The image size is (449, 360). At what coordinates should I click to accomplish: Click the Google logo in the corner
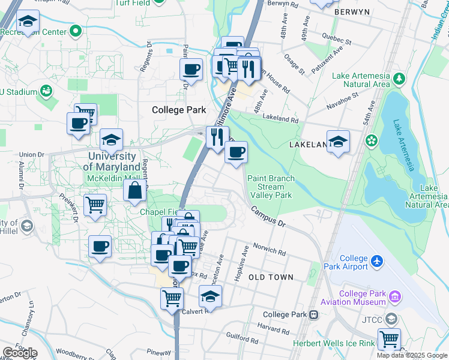tap(19, 352)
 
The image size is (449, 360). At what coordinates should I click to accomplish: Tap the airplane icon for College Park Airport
tap(377, 261)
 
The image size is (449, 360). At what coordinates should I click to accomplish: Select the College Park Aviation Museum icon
tap(394, 296)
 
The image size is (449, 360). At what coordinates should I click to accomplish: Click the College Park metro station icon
tap(313, 315)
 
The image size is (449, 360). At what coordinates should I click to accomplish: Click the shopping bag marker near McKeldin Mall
tap(135, 191)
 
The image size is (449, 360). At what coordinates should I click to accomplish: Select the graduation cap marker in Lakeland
tap(339, 142)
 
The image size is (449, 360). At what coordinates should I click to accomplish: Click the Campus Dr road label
tap(268, 216)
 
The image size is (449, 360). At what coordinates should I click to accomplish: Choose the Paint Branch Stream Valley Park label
tap(270, 187)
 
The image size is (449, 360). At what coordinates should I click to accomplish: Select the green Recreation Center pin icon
tap(76, 31)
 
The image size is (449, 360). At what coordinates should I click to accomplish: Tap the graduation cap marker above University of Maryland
tap(111, 140)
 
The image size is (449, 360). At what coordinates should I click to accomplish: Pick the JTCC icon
tap(392, 318)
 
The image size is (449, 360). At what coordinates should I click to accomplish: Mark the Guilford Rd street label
tap(243, 339)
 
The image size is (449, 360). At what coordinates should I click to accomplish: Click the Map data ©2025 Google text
tap(412, 355)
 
